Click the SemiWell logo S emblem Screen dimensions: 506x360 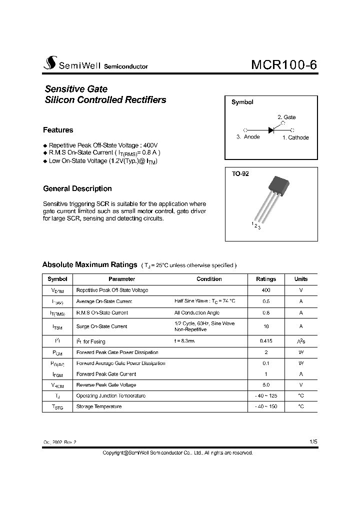coord(50,63)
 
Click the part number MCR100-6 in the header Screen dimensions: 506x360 coord(283,65)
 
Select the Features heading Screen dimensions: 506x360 coord(58,130)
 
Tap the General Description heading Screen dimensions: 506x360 coord(77,188)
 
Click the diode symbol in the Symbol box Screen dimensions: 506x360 coord(271,130)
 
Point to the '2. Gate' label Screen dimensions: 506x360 coord(286,117)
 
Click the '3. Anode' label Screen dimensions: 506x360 coord(248,137)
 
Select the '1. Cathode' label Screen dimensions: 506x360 coord(295,137)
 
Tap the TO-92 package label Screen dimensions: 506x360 coord(240,174)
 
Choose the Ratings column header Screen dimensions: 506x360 coord(266,279)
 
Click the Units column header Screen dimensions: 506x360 coord(301,279)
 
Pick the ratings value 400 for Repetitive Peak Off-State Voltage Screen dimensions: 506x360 coord(266,290)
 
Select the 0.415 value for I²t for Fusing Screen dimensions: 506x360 coord(266,341)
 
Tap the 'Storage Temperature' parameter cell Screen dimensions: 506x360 coord(99,406)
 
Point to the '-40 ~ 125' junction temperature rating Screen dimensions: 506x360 coord(266,395)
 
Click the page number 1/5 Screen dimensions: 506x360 coord(313,442)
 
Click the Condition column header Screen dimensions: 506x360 coord(209,279)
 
